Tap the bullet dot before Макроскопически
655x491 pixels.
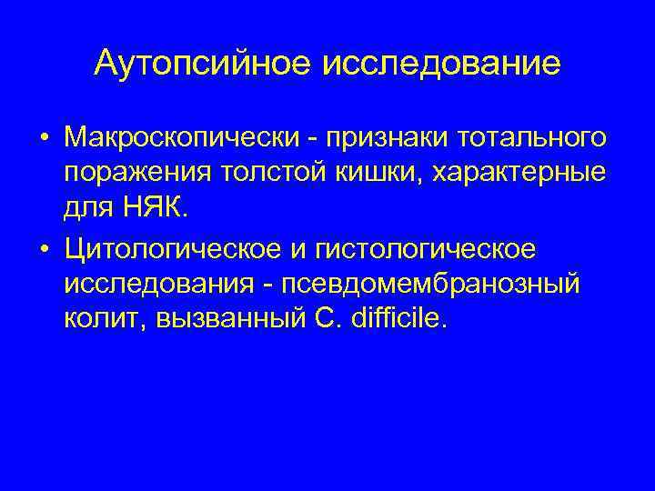[44, 138]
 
